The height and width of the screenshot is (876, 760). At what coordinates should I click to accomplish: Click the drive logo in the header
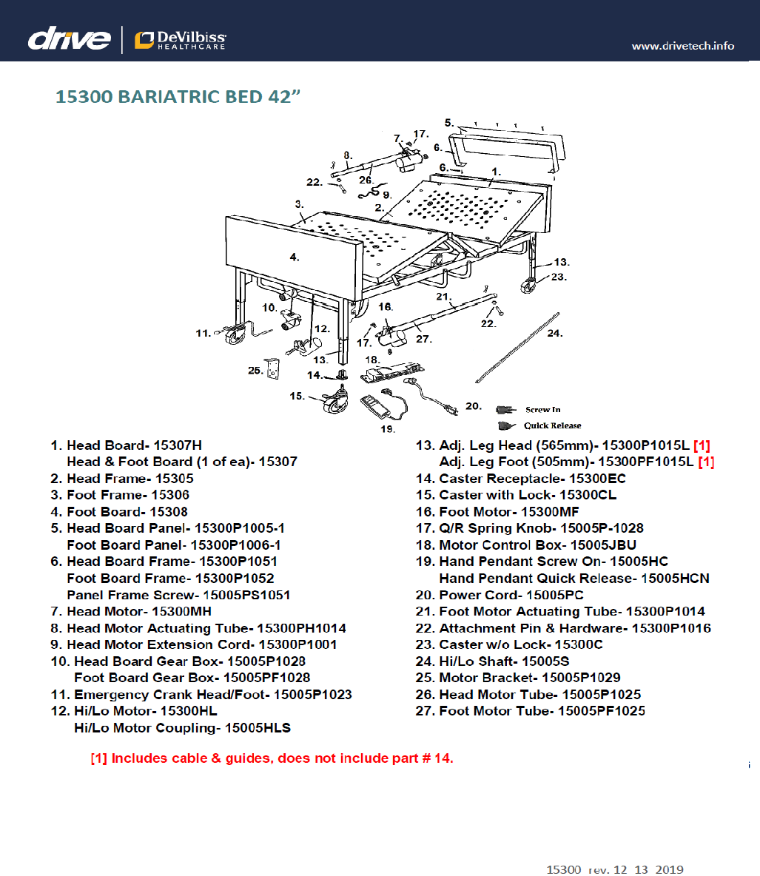point(69,38)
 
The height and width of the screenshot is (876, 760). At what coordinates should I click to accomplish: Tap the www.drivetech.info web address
point(682,46)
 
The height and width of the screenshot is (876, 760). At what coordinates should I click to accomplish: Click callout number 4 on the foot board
point(295,257)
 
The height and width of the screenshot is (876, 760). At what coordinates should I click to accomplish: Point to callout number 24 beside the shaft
point(554,334)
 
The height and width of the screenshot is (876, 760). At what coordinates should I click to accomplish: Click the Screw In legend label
point(542,410)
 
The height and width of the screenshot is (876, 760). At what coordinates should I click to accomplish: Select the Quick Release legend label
point(552,425)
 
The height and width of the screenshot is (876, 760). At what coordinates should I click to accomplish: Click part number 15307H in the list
point(177,445)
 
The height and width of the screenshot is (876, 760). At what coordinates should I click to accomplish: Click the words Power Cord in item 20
point(479,595)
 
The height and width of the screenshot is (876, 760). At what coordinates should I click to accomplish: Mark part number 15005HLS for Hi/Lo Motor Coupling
point(258,728)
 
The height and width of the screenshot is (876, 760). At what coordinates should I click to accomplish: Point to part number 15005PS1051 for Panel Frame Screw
point(246,595)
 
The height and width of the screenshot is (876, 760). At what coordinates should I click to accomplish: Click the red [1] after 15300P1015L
point(702,445)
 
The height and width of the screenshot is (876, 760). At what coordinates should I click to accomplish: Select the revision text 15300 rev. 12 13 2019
point(614,869)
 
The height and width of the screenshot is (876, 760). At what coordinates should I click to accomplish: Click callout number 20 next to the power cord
point(474,406)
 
